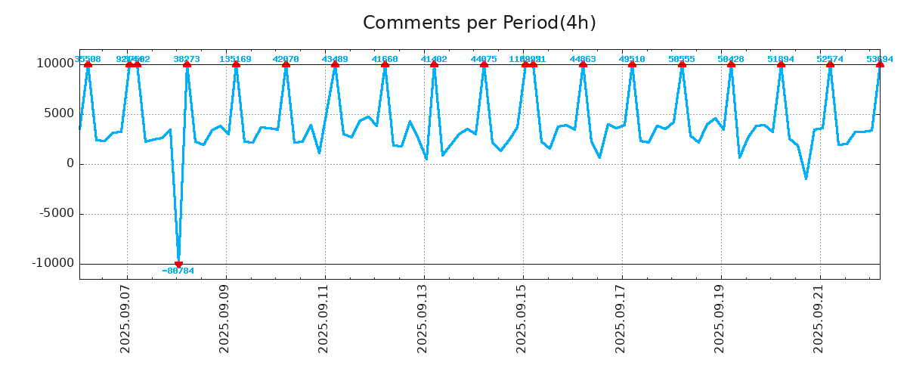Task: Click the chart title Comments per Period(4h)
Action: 479,23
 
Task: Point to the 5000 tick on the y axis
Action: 59,113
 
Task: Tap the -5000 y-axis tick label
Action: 56,213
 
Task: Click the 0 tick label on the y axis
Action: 70,163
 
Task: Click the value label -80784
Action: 178,271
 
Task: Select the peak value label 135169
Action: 236,59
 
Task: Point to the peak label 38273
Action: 187,59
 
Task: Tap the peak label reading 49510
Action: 632,59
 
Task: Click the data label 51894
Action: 781,59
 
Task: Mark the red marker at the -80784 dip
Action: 178,264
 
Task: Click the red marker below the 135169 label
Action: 236,64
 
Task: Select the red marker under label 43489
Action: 335,64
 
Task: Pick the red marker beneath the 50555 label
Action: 682,64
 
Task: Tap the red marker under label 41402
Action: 434,64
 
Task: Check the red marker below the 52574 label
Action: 830,64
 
